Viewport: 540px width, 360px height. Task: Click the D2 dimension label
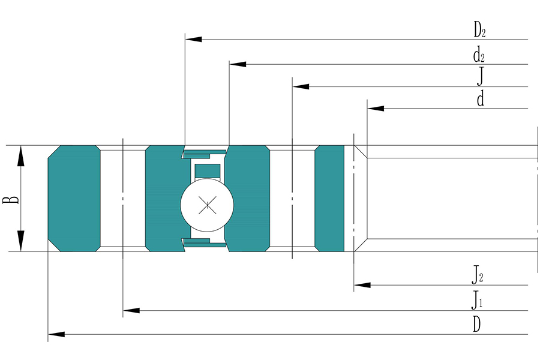479,30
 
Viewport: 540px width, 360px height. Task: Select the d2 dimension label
479,55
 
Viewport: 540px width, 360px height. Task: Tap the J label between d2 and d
481,76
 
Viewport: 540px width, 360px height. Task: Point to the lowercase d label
481,98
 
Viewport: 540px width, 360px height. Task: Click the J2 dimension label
478,275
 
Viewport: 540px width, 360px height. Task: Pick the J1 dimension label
477,300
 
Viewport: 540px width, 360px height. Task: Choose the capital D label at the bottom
476,324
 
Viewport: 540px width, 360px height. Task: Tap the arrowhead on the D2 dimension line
194,39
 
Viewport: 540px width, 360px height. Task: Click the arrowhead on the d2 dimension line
238,64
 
